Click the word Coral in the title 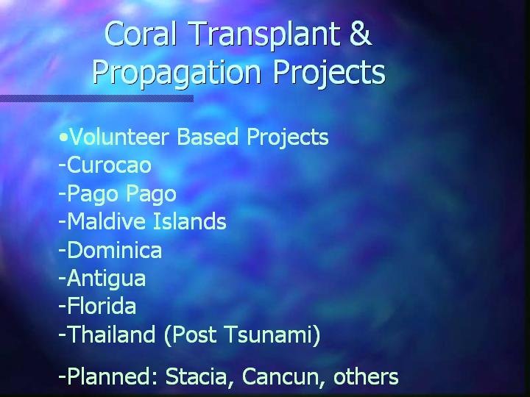[141, 33]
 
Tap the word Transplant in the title [265, 35]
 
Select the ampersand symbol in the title [360, 33]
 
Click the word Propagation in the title [177, 74]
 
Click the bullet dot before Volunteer [63, 137]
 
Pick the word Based [208, 137]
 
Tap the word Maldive [107, 221]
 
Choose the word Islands [190, 221]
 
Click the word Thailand [111, 335]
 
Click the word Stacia [196, 376]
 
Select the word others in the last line [366, 376]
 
